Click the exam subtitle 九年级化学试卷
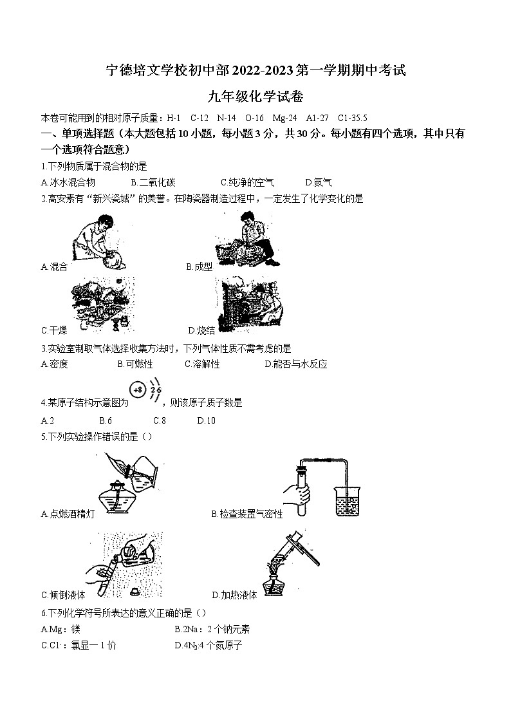tap(256, 97)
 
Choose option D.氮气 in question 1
tap(319, 183)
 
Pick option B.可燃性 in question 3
tap(135, 364)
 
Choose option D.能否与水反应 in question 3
tap(296, 364)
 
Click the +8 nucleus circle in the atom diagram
tap(138, 390)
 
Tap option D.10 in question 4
tap(207, 420)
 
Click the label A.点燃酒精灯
tap(68, 514)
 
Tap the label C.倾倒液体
tap(63, 595)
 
